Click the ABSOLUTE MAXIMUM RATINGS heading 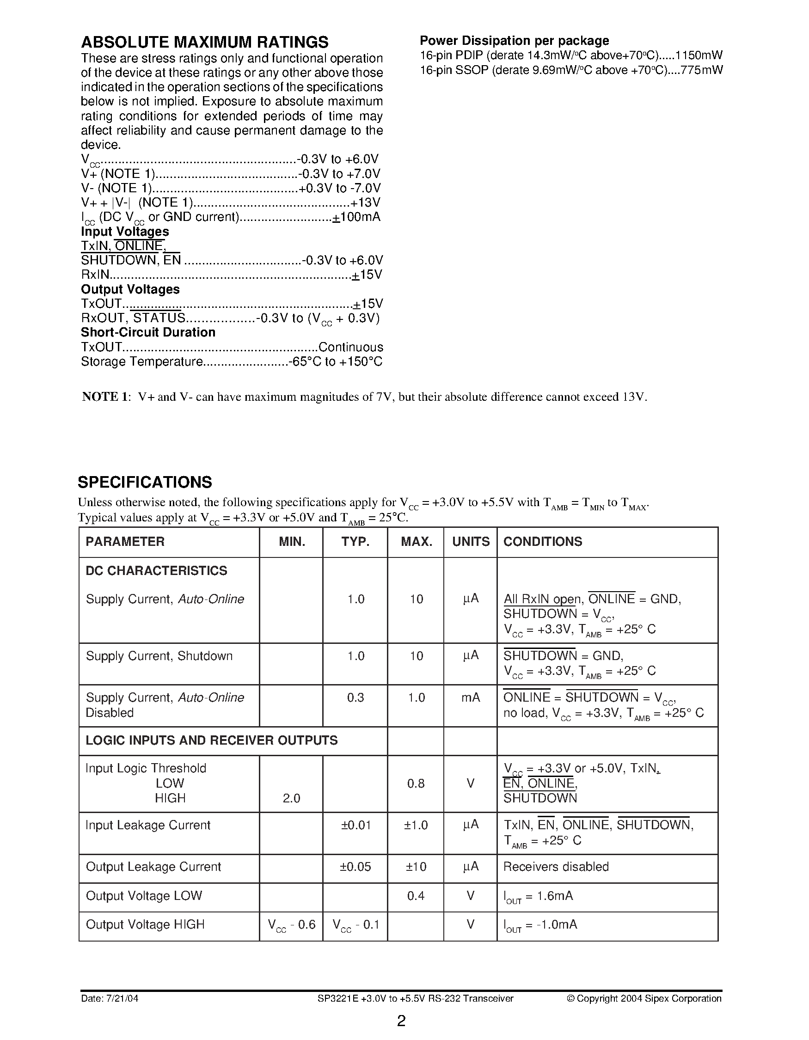204,43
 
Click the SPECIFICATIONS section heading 145,482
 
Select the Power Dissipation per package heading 514,41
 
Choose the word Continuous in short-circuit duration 350,347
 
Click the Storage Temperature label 142,361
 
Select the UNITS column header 471,541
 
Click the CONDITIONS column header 542,541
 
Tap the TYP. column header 355,541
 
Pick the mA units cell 471,697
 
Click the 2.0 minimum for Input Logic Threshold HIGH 291,798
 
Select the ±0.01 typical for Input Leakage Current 355,825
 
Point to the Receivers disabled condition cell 556,867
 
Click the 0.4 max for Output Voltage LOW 416,896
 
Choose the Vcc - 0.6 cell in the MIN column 291,925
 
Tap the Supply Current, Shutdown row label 159,656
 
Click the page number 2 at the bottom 401,1021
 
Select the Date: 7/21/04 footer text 110,998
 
